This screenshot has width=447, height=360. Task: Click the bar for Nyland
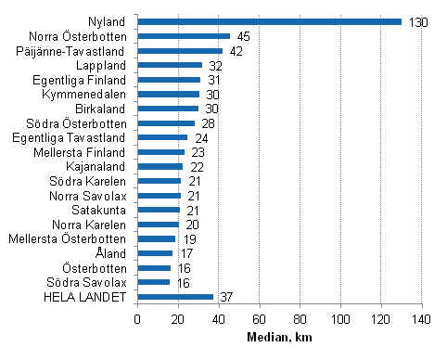pos(269,21)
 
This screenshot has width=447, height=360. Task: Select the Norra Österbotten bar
pos(184,36)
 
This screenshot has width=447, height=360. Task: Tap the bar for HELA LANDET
pos(175,297)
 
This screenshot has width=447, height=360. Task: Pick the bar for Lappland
pos(170,65)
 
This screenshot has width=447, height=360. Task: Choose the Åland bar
pos(155,253)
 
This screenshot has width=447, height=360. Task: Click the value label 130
pos(417,21)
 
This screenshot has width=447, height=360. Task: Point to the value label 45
pos(243,36)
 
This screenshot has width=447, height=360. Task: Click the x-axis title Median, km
pos(279,338)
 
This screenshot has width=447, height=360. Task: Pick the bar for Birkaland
pos(168,109)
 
